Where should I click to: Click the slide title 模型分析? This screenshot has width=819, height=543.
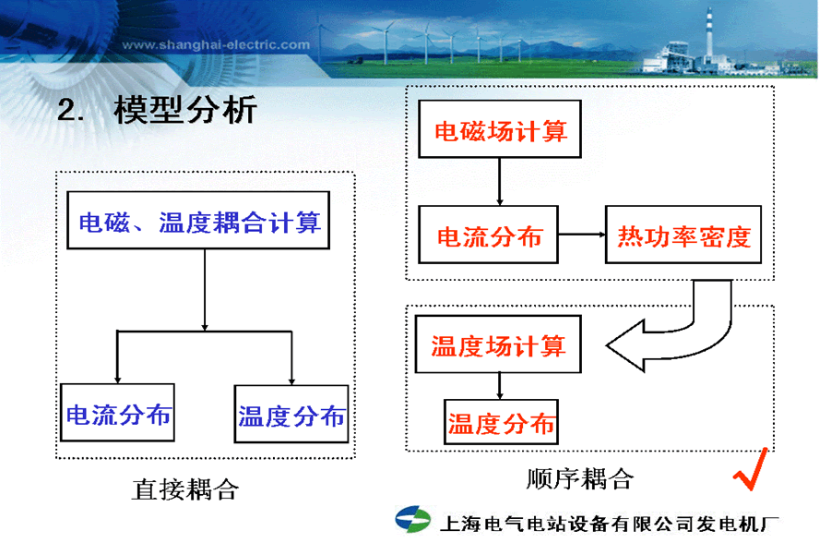click(184, 111)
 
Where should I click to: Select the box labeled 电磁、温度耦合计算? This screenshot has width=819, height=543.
click(199, 223)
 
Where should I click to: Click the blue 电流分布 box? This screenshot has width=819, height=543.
click(117, 415)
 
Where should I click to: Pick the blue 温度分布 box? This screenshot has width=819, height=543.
click(291, 416)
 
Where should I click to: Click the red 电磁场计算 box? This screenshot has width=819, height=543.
click(501, 130)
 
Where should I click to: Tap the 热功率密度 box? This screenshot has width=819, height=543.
click(683, 236)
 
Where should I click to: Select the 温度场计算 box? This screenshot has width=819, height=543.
click(498, 345)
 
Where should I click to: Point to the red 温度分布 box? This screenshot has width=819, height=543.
click(502, 423)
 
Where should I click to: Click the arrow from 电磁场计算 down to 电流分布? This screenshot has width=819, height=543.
click(499, 181)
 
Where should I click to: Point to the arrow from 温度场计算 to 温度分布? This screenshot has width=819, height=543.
click(499, 385)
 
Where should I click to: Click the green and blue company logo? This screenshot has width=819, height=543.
click(413, 521)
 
